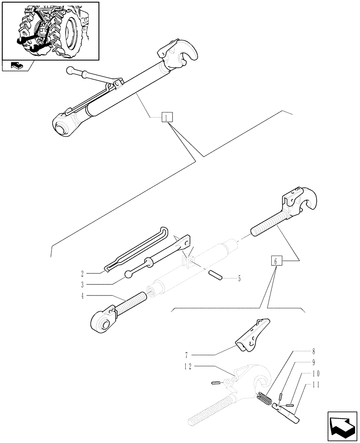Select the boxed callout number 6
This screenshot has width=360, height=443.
[276, 262]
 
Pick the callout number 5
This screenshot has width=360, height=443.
[239, 279]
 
